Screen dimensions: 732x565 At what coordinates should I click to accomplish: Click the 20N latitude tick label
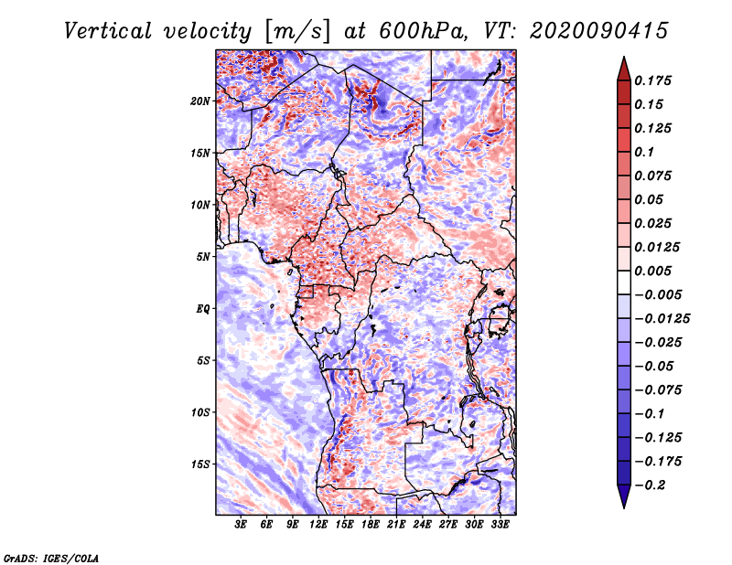[x=200, y=101]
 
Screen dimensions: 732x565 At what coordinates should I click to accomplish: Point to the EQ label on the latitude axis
[x=202, y=309]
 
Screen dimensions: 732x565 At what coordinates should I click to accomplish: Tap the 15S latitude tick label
[x=200, y=464]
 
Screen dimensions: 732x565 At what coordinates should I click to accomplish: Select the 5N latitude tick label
[x=203, y=257]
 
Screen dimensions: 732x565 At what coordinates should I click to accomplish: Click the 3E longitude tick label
[x=241, y=525]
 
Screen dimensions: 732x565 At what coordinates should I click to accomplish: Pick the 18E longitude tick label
[x=371, y=525]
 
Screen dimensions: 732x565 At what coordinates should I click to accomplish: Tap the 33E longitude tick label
[x=500, y=525]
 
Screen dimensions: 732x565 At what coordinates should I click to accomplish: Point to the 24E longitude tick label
[x=422, y=525]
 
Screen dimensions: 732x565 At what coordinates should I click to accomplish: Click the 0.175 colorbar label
[x=652, y=80]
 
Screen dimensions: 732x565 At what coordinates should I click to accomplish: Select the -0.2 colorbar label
[x=650, y=485]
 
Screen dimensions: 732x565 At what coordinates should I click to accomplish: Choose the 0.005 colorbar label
[x=652, y=271]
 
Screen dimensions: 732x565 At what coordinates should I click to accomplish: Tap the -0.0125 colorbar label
[x=662, y=319]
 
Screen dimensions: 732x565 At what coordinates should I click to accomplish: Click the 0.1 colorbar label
[x=644, y=152]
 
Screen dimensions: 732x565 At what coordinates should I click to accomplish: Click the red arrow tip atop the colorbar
[x=624, y=58]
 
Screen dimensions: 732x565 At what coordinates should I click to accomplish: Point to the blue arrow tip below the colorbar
[x=624, y=506]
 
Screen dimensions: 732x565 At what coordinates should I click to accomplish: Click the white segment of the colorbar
[x=624, y=282]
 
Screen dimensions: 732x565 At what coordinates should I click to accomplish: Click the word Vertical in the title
[x=108, y=31]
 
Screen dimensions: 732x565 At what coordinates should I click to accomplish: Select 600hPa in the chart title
[x=423, y=31]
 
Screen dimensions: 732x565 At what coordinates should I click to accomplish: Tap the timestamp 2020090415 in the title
[x=599, y=31]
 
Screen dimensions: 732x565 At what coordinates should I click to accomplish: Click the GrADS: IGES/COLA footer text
[x=51, y=558]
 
